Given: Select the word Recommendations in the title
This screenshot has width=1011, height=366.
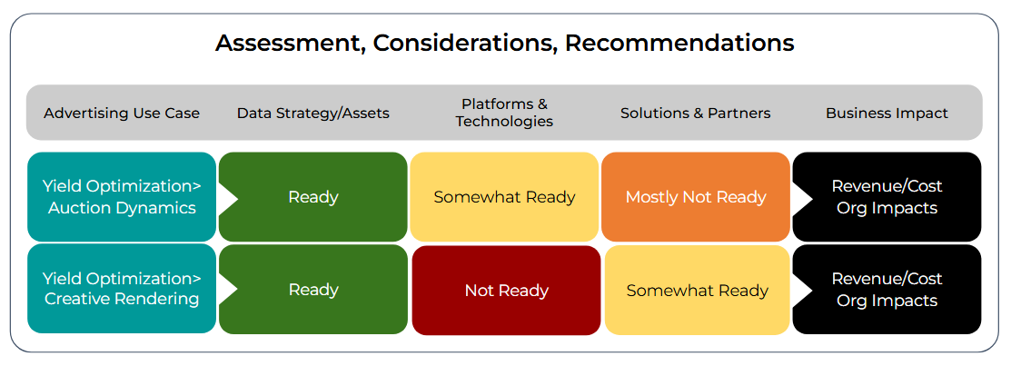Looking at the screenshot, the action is point(679,44).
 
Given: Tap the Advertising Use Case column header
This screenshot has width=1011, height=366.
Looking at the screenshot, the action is point(122,114).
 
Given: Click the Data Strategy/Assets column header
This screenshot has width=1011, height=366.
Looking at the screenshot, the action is point(313,114).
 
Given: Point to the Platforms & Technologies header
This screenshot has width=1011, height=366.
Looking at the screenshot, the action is point(505,113).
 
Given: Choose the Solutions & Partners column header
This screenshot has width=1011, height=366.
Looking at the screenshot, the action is point(696,114).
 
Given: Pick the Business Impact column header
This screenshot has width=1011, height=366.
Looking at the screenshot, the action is point(887,114).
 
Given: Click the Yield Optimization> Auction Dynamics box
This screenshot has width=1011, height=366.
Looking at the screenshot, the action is point(122,196).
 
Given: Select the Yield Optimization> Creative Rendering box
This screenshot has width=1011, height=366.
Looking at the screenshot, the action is point(122,289).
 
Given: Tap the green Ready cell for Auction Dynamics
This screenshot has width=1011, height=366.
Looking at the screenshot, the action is point(313,196).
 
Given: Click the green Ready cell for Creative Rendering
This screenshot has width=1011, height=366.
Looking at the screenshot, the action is point(313,290).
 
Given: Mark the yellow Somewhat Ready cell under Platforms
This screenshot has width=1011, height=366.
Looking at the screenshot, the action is point(504,196).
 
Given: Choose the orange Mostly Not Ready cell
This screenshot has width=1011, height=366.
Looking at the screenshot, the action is point(696,196).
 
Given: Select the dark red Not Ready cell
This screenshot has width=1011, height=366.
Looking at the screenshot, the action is point(506,290).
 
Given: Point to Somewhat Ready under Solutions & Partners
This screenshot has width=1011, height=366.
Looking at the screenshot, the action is point(697,290).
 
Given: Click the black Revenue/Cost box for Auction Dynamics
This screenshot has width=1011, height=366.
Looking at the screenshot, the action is point(887,196).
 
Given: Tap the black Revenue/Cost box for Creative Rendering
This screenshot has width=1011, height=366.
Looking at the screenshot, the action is point(887,290).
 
